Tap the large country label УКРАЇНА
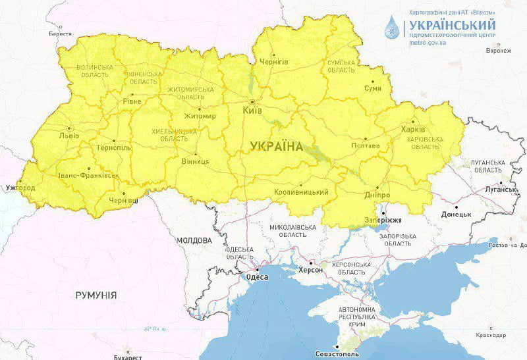coord(277,147)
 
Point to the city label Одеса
coord(257,278)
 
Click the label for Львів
coord(69,136)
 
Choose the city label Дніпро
coord(377,195)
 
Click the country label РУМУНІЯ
coord(96,295)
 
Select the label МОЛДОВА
coord(193,240)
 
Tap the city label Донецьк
coord(457,215)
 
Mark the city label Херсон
coord(311,270)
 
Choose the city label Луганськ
coord(502,190)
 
